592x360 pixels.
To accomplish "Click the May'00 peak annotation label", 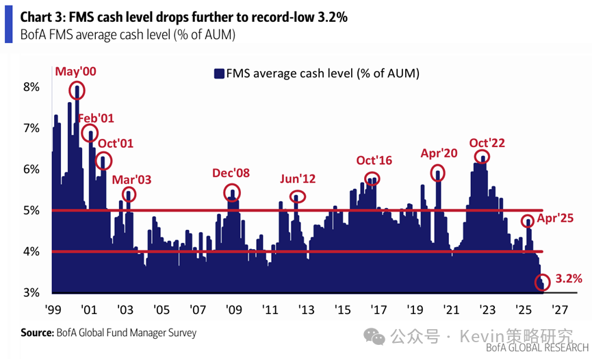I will (76, 71).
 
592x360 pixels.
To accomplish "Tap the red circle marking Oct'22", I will (483, 157).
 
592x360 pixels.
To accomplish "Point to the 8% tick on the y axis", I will (32, 87).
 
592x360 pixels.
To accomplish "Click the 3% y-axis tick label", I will (32, 292).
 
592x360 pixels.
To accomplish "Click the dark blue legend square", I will (219, 73).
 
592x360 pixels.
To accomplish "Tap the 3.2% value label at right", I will (569, 279).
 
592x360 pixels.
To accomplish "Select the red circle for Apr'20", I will (439, 173).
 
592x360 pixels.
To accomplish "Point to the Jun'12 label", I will (298, 179).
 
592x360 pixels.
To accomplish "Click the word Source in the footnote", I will (37, 333).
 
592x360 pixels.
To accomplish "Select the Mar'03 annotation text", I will (131, 179).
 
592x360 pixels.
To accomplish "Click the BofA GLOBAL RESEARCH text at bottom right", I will (537, 349).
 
